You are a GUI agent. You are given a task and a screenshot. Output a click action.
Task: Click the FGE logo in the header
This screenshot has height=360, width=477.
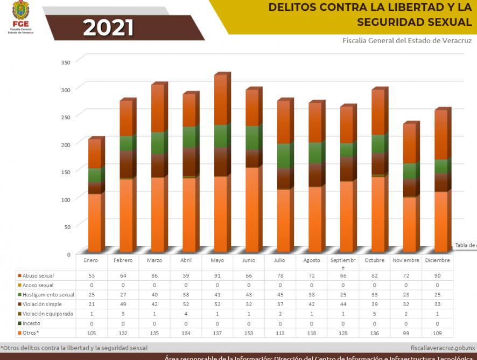(21, 18)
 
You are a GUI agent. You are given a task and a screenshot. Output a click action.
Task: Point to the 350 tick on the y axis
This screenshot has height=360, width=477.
(66, 63)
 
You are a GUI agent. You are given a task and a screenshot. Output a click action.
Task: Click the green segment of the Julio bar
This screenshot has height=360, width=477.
(284, 156)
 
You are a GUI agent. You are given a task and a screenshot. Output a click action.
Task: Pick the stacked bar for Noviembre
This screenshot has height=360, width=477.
(410, 189)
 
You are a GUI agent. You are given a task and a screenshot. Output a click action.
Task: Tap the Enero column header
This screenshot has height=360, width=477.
(91, 260)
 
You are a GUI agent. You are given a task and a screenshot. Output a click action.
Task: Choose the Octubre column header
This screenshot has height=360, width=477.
(374, 260)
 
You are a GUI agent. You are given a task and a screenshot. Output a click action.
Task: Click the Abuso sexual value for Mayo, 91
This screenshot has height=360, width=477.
(217, 275)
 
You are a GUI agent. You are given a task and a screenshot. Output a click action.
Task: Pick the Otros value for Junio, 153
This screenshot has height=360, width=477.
(249, 333)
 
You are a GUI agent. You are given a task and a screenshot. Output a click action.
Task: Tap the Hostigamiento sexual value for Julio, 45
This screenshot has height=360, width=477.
(280, 295)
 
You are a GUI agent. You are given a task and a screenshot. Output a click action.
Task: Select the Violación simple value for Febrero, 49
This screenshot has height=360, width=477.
(123, 304)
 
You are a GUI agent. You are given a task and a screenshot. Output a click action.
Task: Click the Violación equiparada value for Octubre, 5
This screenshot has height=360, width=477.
(374, 314)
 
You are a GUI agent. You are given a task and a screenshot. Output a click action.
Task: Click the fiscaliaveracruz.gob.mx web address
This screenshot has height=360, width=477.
(442, 348)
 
